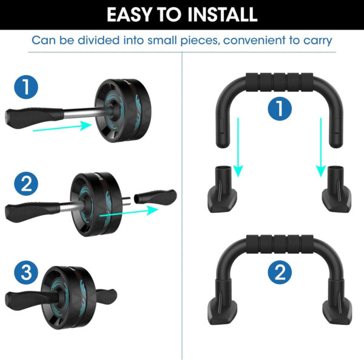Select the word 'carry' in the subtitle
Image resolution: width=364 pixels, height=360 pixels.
pyautogui.click(x=315, y=41)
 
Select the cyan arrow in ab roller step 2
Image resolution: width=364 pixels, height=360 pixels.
pyautogui.click(x=128, y=212)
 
